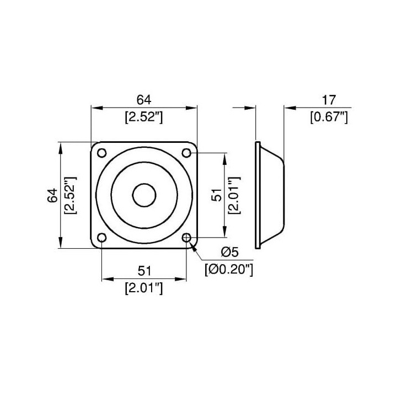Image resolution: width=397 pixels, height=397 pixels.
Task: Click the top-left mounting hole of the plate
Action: click(x=102, y=153)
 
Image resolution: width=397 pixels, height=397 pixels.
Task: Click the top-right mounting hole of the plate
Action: click(x=186, y=153)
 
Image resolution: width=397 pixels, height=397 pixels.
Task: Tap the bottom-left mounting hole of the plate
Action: click(x=102, y=238)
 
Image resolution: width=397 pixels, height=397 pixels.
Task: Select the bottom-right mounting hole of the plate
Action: click(x=186, y=238)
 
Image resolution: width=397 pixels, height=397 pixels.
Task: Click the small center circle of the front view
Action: click(x=144, y=195)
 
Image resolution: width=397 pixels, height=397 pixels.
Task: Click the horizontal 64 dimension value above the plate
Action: click(x=144, y=100)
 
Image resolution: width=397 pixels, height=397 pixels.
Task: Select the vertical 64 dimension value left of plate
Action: click(x=53, y=195)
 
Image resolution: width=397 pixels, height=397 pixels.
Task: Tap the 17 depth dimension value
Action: click(x=329, y=100)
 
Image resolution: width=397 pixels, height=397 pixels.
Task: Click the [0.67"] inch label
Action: click(x=329, y=117)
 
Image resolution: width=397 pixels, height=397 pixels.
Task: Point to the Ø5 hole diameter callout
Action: click(x=229, y=252)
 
